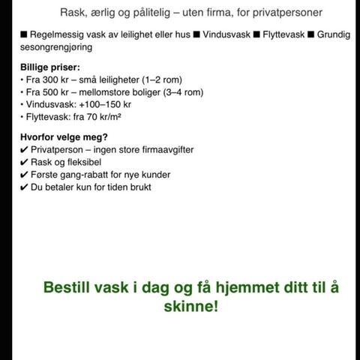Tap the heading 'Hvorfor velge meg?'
(64, 136)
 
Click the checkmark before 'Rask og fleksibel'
(24, 162)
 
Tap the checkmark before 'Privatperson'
(24, 149)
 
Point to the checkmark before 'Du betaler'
(24, 187)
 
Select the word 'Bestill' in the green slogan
(70, 287)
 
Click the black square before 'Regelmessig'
(24, 34)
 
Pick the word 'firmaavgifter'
(164, 149)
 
